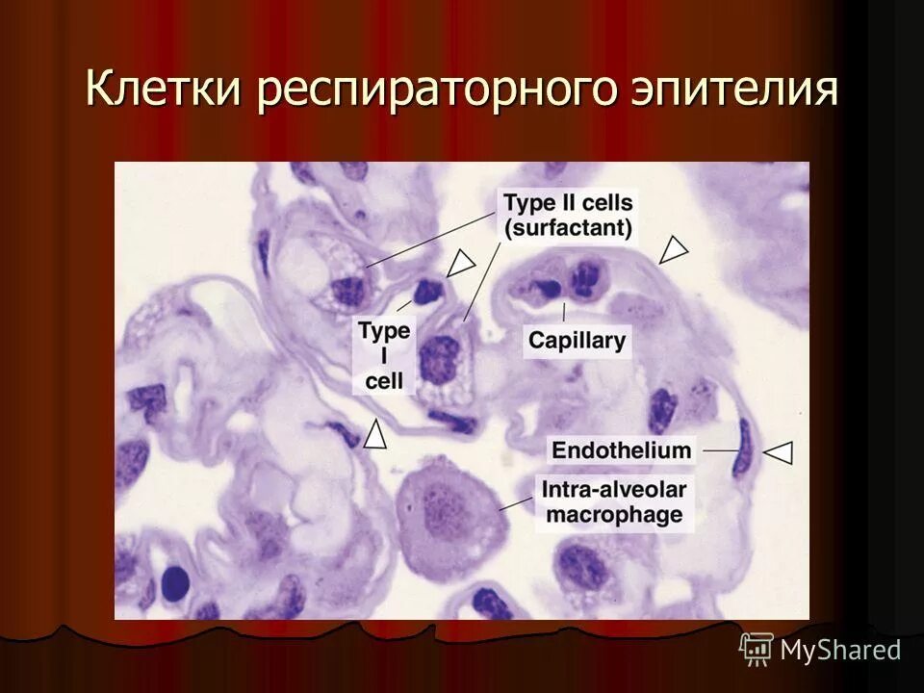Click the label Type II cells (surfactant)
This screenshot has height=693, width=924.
tap(568, 216)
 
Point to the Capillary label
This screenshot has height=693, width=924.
tap(577, 340)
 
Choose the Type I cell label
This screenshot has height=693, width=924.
tap(384, 355)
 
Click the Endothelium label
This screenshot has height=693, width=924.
tap(621, 449)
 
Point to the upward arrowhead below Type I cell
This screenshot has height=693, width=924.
tap(375, 435)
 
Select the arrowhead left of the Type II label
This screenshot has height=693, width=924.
tap(463, 261)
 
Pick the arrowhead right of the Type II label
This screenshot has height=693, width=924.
tap(675, 249)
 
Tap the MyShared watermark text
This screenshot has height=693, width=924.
tap(840, 650)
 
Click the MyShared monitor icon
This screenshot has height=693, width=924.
tap(757, 649)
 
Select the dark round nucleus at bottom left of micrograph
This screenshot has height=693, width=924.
tap(174, 581)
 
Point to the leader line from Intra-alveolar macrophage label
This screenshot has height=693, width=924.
tap(517, 502)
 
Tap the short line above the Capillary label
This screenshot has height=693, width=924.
tap(564, 313)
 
